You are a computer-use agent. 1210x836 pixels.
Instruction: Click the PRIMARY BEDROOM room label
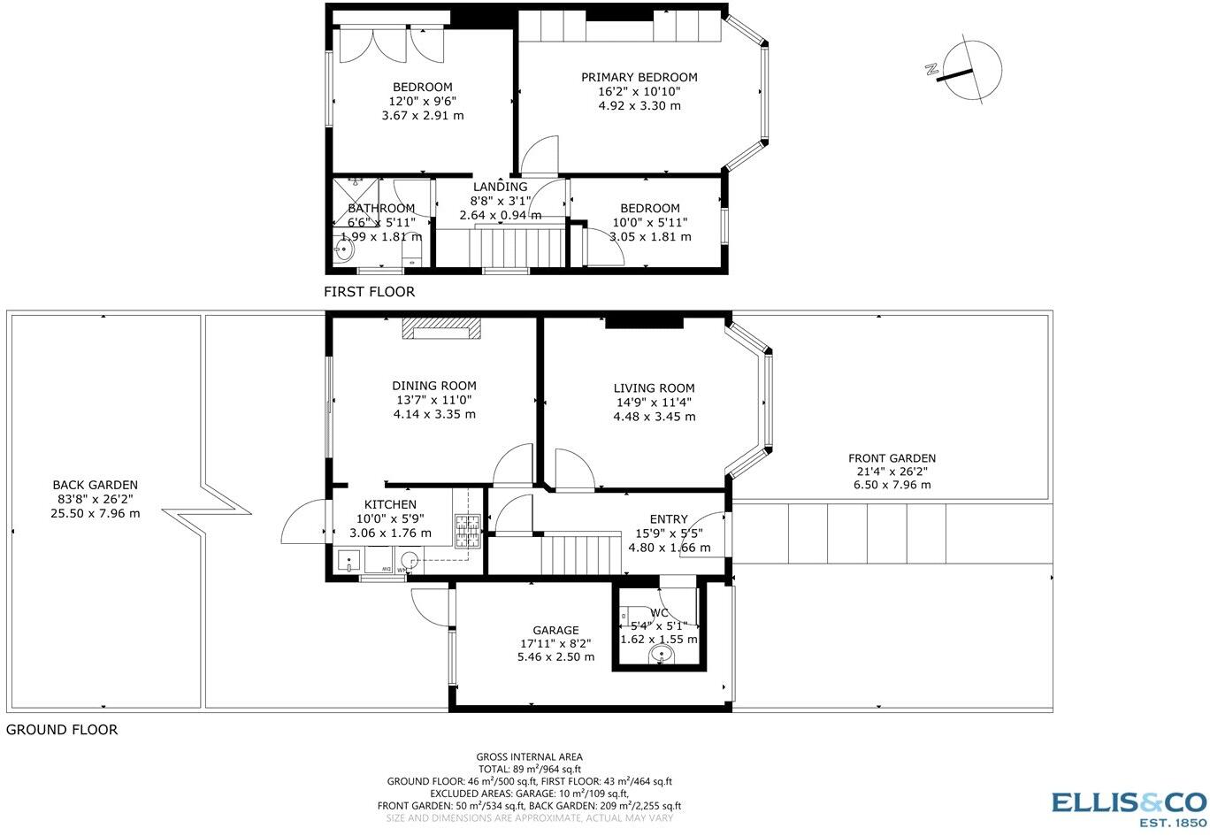(639, 77)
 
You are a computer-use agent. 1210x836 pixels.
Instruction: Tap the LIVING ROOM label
(655, 388)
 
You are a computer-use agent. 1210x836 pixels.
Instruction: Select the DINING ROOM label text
(434, 386)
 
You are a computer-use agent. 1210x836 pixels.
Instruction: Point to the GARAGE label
(555, 630)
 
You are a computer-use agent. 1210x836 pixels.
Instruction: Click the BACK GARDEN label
(95, 485)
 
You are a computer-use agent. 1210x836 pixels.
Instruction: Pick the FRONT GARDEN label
(892, 458)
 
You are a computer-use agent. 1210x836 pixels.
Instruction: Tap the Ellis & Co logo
(1129, 809)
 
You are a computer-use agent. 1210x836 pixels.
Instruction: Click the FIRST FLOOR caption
(370, 292)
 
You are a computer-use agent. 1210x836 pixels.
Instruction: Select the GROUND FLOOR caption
(62, 730)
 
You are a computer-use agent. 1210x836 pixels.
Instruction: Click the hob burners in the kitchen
(467, 531)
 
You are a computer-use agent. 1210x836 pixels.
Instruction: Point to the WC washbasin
(662, 656)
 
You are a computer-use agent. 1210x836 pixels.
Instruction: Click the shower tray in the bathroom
(356, 203)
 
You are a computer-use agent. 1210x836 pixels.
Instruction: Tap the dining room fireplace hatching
(441, 328)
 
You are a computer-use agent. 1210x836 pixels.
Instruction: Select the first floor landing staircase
(517, 248)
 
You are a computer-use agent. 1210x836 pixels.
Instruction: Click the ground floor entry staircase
(581, 555)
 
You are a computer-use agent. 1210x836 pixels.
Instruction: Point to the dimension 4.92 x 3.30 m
(639, 106)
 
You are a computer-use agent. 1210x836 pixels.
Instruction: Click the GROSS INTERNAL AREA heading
(529, 757)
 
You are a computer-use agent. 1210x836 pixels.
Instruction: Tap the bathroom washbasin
(343, 249)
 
